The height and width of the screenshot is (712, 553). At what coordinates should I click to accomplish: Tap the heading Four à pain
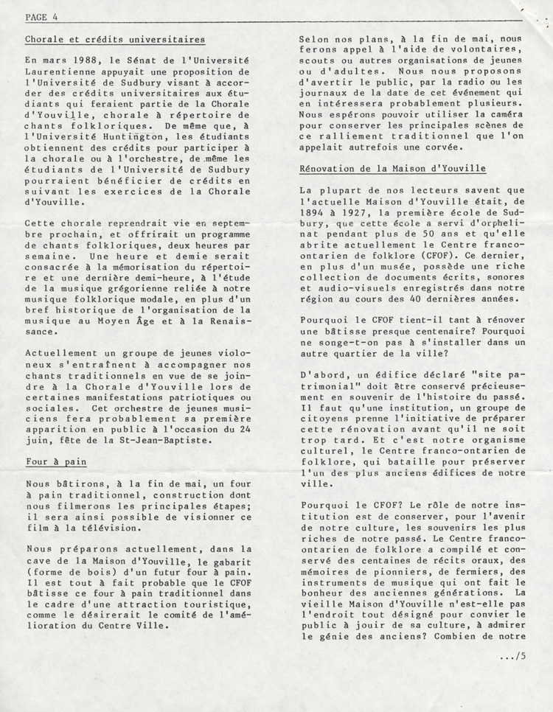[x=55, y=462]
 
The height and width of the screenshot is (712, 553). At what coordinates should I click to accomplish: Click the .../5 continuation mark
[x=512, y=656]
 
